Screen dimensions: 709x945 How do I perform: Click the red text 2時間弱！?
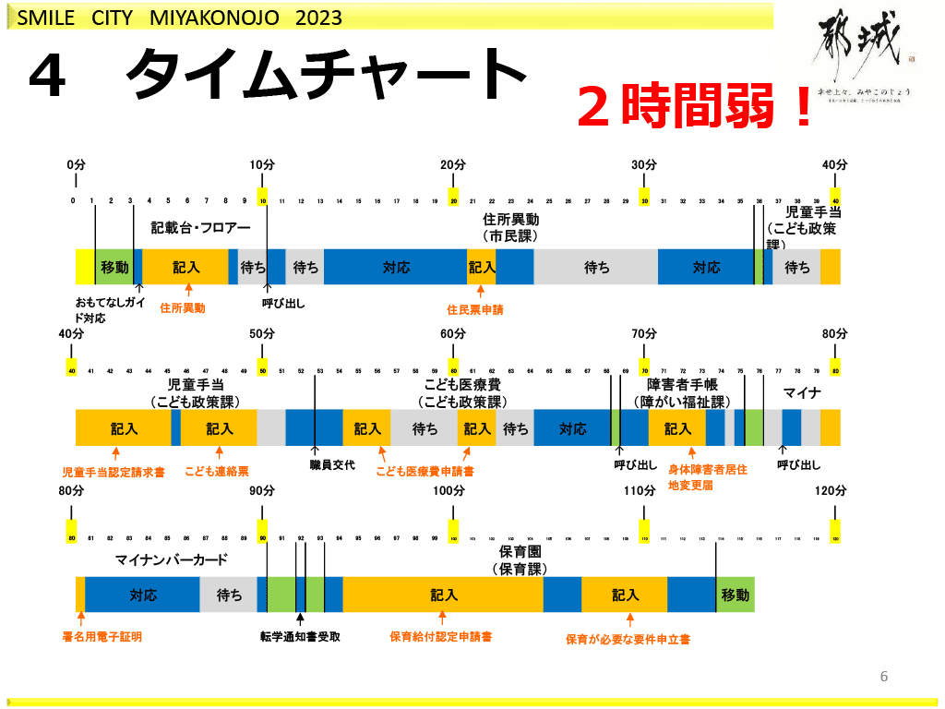(696, 107)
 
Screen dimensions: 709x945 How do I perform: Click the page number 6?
(884, 677)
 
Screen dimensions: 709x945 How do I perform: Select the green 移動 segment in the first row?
(114, 268)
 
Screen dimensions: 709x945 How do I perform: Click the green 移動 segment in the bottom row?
(736, 595)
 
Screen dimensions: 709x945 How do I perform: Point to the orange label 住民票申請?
(475, 310)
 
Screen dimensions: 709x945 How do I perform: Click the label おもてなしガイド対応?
(103, 310)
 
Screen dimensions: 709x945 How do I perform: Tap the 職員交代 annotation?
(332, 465)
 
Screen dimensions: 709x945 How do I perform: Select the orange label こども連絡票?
(217, 471)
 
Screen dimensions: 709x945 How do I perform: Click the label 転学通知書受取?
(300, 637)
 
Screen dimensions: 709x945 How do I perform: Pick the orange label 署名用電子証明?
(102, 637)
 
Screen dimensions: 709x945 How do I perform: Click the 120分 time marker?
(831, 491)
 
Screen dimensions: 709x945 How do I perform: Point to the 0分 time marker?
(76, 164)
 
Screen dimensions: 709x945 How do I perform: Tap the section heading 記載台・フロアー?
(201, 227)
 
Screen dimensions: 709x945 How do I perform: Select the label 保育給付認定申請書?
(440, 637)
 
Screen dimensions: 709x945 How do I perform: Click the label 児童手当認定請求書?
(114, 472)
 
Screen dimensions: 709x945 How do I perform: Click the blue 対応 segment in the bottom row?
(142, 595)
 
